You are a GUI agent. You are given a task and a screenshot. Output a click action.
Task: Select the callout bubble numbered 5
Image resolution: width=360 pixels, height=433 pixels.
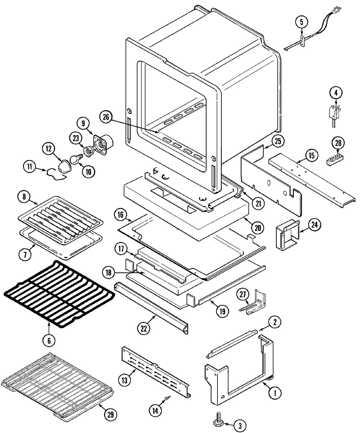click(x=302, y=22)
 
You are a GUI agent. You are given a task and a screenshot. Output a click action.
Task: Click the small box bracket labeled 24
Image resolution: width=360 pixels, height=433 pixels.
click(x=285, y=236)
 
